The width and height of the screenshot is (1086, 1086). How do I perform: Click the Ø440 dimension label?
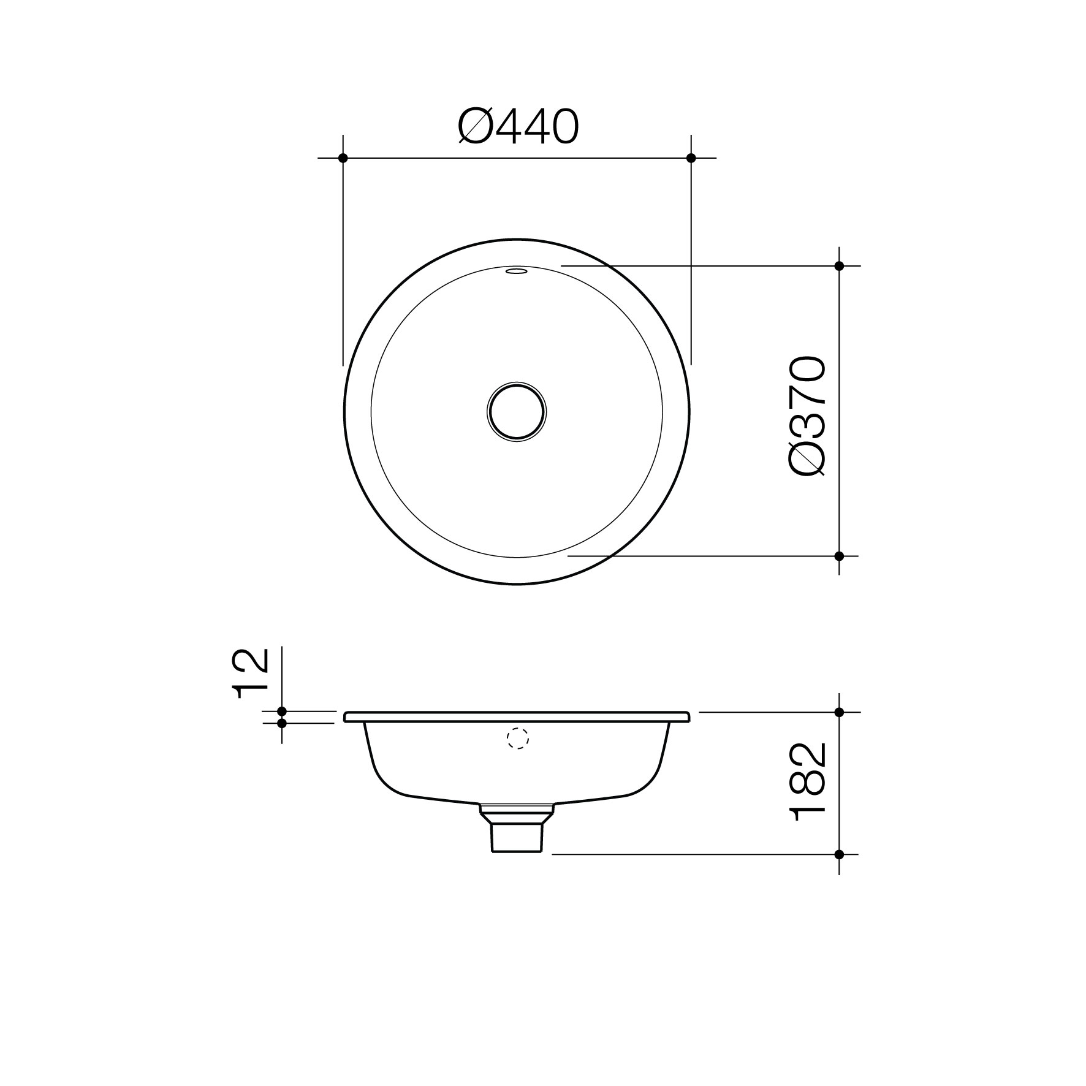click(x=518, y=127)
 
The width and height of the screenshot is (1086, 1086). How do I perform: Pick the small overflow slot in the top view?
click(x=517, y=270)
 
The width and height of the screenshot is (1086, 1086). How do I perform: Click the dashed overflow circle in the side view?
click(x=518, y=739)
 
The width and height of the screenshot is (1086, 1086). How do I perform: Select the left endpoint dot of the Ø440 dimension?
click(x=343, y=158)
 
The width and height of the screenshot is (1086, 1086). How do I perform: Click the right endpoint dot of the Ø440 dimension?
click(x=691, y=158)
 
